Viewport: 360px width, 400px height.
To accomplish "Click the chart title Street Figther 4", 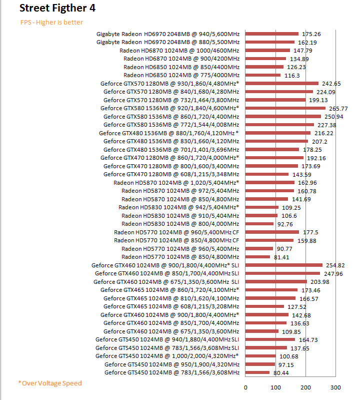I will click(58, 9).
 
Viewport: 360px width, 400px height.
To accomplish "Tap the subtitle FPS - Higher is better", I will click(51, 22).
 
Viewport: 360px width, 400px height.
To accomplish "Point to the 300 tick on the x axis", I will click(336, 387).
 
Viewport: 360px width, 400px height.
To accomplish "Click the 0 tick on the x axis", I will click(245, 387).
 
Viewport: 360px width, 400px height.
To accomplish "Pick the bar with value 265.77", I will click(285, 108).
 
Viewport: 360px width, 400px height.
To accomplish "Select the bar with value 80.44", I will click(257, 372).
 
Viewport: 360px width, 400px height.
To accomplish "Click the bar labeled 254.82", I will click(284, 265).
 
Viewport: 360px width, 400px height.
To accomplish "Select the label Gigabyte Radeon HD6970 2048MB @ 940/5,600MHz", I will click(168, 34).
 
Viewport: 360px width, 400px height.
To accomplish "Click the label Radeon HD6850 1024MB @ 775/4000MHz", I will click(181, 75).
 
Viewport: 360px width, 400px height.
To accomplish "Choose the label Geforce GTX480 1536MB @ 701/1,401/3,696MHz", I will click(171, 149).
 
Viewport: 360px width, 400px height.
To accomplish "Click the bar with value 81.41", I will click(258, 257).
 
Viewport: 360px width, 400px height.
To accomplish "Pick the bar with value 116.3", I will click(263, 75).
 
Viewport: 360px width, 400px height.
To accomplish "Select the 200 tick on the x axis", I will click(306, 387).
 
